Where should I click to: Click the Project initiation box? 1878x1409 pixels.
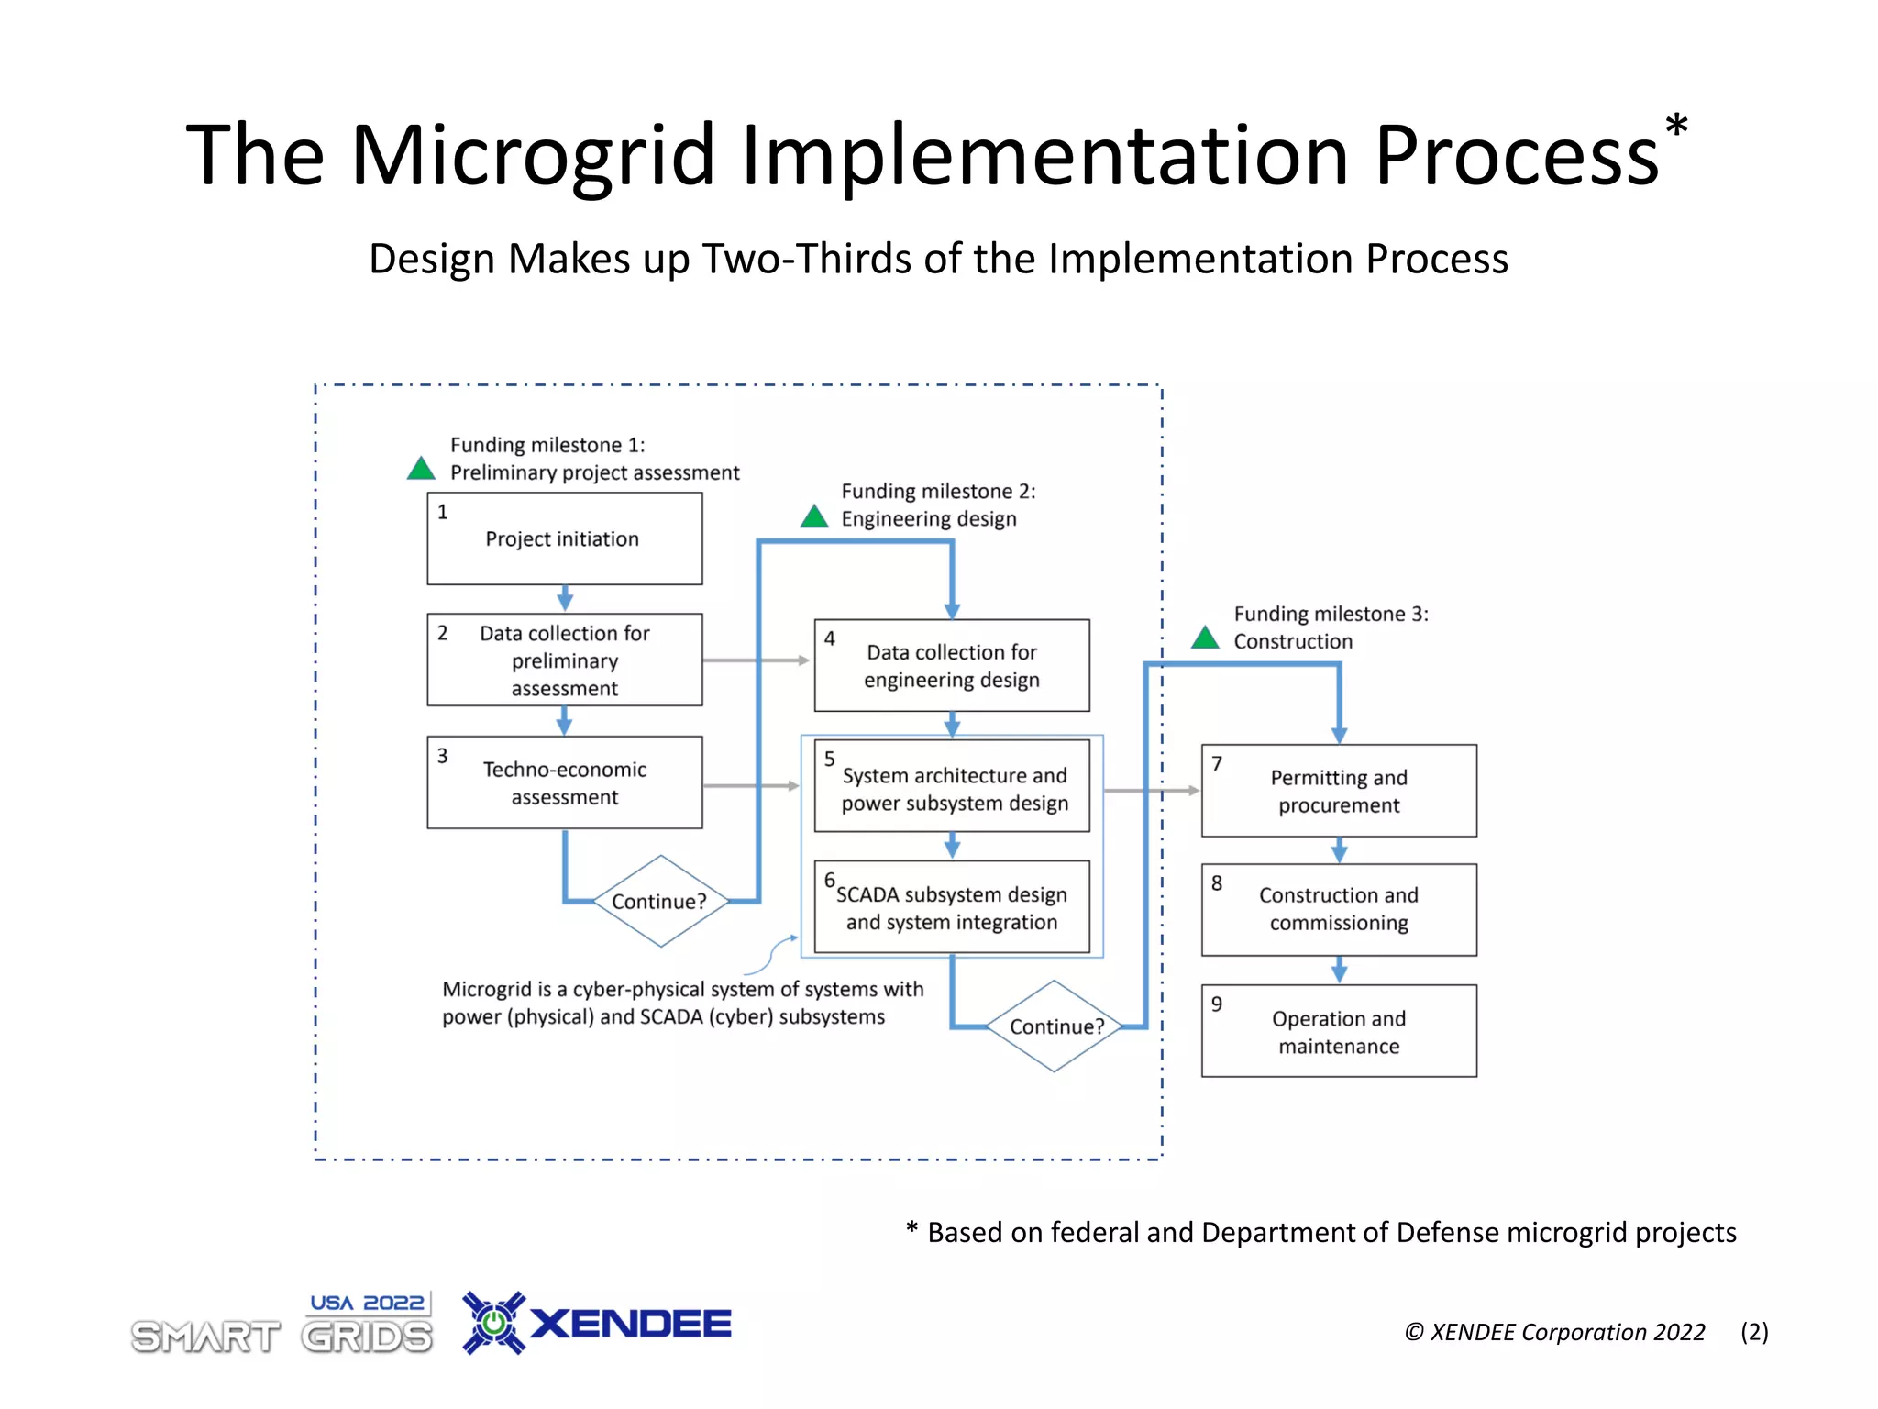[x=564, y=538]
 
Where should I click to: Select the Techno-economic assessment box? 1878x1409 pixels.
[x=564, y=782]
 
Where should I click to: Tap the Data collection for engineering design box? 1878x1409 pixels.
[x=951, y=666]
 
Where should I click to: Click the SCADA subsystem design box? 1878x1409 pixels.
[x=951, y=907]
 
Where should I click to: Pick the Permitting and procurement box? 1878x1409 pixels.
[x=1338, y=791]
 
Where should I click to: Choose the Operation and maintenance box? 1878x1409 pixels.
[x=1338, y=1031]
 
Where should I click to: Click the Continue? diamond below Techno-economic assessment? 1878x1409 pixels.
[x=659, y=901]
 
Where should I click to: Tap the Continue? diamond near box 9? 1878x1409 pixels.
[x=1055, y=1026]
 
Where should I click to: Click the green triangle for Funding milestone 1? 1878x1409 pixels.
[x=421, y=469]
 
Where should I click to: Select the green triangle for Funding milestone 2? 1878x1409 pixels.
[x=813, y=517]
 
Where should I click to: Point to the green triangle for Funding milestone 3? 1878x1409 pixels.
[x=1205, y=638]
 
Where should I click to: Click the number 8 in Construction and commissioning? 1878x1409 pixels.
[x=1217, y=883]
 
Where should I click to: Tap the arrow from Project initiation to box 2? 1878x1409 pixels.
[x=565, y=599]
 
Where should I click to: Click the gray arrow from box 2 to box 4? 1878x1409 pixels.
[x=756, y=660]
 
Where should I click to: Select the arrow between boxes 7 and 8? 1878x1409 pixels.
[x=1339, y=850]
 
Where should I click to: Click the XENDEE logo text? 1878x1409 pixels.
[x=631, y=1324]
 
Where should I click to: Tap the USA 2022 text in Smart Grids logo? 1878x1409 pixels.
[x=367, y=1303]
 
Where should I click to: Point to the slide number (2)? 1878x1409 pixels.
[x=1754, y=1332]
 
